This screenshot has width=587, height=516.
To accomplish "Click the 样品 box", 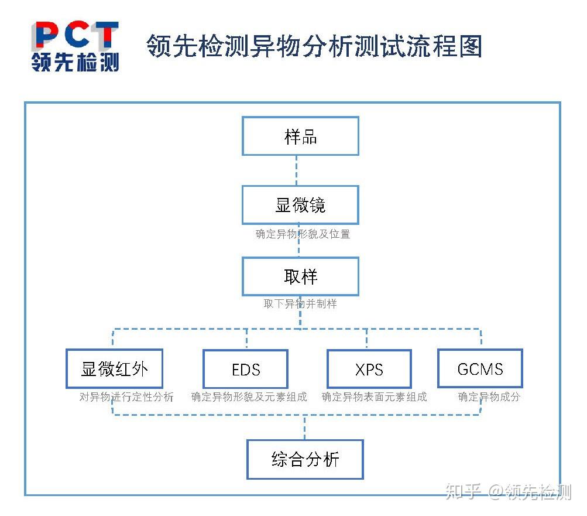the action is pyautogui.click(x=300, y=136).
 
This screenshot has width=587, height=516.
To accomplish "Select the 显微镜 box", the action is pyautogui.click(x=300, y=205).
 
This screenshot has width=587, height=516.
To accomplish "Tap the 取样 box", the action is pyautogui.click(x=300, y=276).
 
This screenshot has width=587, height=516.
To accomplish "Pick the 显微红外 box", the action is pyautogui.click(x=114, y=369).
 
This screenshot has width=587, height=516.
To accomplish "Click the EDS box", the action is pyautogui.click(x=246, y=370).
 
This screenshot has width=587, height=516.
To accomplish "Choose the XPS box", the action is pyautogui.click(x=369, y=370).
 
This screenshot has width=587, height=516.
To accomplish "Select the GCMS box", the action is pyautogui.click(x=480, y=369).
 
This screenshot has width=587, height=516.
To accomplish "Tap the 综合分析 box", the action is pyautogui.click(x=305, y=459).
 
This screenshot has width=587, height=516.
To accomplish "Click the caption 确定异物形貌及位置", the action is pyautogui.click(x=303, y=234).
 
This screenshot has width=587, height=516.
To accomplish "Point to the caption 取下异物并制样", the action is pyautogui.click(x=300, y=303).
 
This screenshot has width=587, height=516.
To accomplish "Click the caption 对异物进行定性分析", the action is pyautogui.click(x=126, y=397).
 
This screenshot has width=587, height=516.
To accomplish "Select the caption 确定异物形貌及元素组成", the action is pyautogui.click(x=249, y=397).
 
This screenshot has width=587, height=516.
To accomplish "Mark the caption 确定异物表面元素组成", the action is pyautogui.click(x=375, y=397).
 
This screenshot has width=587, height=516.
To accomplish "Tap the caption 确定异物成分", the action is pyautogui.click(x=489, y=397).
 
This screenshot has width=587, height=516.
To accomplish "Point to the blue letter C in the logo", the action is pyautogui.click(x=75, y=36).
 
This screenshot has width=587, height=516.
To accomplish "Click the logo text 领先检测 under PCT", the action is pyautogui.click(x=75, y=62).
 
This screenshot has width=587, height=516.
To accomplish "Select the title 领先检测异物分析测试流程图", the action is pyautogui.click(x=314, y=46).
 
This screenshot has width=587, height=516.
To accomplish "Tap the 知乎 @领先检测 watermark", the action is pyautogui.click(x=509, y=491).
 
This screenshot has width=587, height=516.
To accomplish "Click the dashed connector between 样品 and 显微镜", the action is pyautogui.click(x=297, y=170).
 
